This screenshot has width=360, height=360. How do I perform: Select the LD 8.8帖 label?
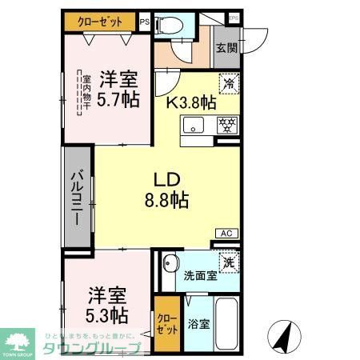pos(166,188)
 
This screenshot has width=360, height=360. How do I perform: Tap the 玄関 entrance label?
pos(226,47)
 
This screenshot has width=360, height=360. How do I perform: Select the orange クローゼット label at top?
pos(100,22)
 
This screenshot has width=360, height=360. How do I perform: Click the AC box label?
pos(226,233)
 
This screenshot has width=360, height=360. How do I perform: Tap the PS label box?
pos(144,22)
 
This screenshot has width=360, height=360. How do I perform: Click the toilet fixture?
pos(170,26)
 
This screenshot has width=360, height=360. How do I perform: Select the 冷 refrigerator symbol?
pos(229,82)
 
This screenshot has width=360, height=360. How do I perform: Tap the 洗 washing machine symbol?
pos(229,261)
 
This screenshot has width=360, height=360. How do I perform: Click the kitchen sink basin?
pos(195,125)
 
